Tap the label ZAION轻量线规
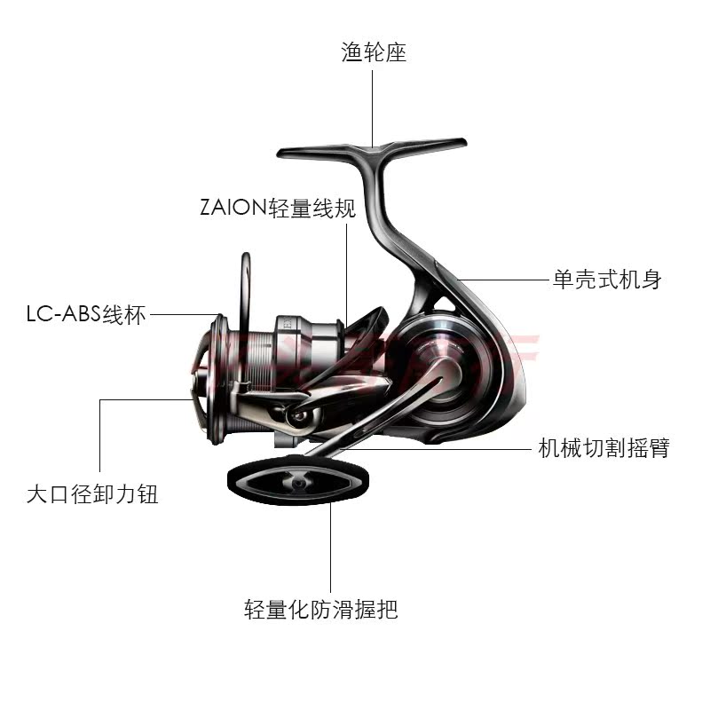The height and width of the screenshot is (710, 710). (x=277, y=209)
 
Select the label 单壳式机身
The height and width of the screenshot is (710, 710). (x=607, y=280)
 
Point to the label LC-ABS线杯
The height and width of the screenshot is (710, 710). (x=85, y=315)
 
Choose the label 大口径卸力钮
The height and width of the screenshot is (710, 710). (x=92, y=494)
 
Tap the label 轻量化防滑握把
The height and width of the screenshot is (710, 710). (x=321, y=610)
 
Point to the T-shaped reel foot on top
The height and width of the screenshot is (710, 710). (x=373, y=147)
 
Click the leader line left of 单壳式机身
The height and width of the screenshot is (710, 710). (x=501, y=280)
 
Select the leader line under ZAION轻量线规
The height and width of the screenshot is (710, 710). (x=345, y=266)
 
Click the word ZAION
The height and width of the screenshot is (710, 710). (x=233, y=209)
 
